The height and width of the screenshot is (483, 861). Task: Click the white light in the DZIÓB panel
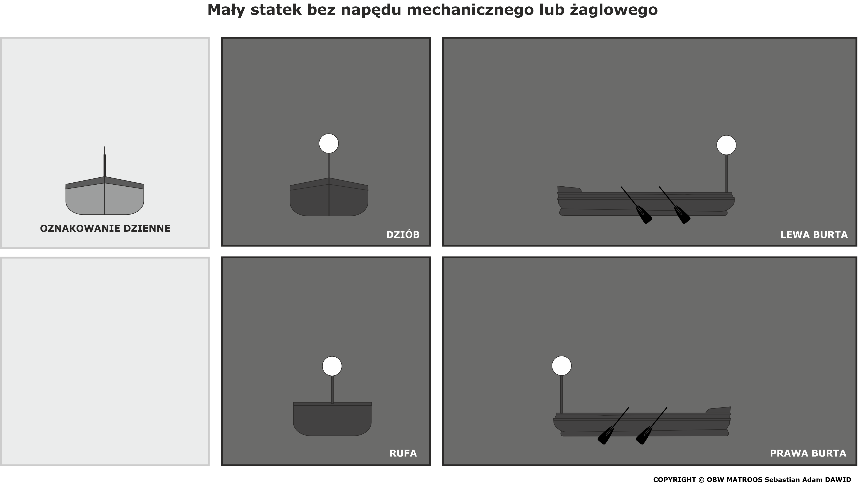(x=329, y=143)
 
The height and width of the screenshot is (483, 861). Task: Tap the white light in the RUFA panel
(x=332, y=366)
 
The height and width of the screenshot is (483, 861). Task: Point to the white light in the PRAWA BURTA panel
(x=561, y=365)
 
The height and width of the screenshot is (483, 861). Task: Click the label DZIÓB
(x=403, y=235)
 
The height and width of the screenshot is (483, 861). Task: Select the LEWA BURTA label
(x=814, y=235)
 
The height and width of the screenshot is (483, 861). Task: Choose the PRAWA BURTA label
(x=808, y=453)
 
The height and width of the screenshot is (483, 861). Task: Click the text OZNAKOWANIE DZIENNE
(x=105, y=228)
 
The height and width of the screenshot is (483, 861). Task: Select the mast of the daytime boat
(x=105, y=162)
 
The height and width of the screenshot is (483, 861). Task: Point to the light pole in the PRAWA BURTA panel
(x=561, y=395)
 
